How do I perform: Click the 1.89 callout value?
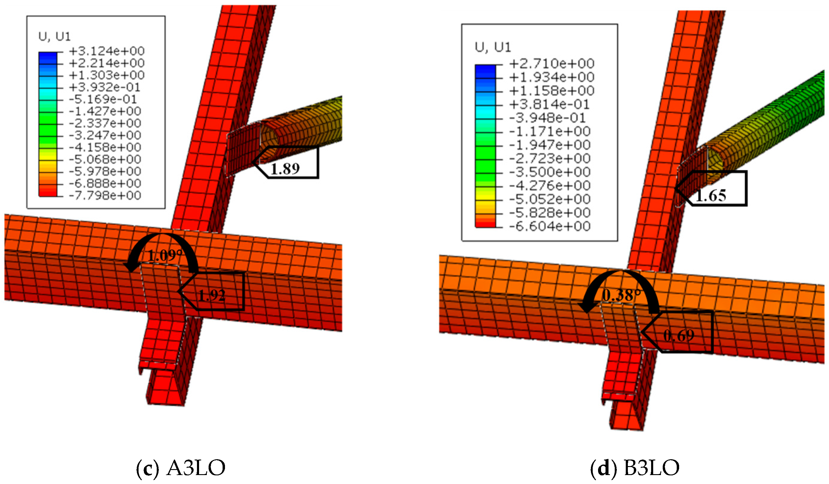coord(285,168)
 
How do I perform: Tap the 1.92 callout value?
coord(212,295)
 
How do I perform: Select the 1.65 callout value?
coord(711,196)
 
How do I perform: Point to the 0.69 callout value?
coord(679,335)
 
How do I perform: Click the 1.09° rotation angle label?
coord(165,256)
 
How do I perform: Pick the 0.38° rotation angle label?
coord(621,295)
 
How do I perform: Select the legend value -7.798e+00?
coord(105,195)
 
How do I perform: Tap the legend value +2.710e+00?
coord(552,63)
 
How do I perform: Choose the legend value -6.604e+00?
coord(550,226)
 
